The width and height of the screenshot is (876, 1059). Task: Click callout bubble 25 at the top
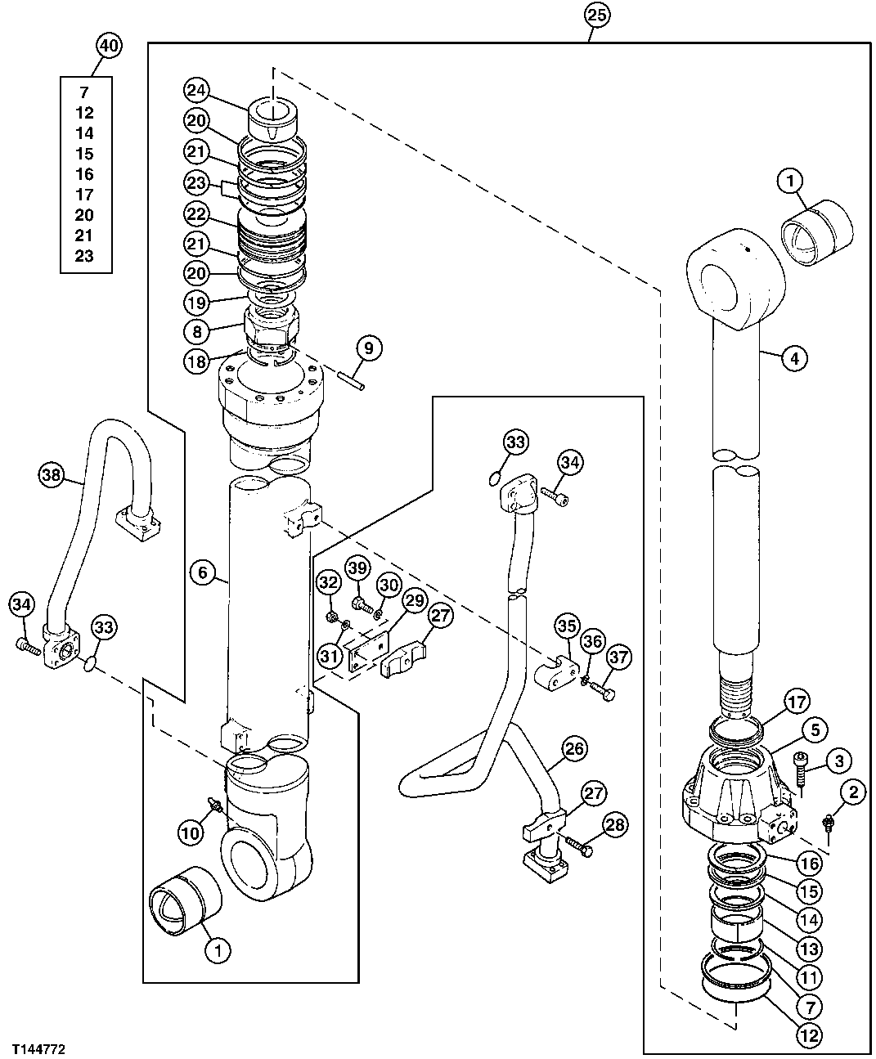click(596, 14)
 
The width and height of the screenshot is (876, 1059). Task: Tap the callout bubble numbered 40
click(109, 46)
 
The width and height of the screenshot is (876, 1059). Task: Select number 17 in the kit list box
click(84, 195)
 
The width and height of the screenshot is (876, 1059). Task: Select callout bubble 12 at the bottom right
click(809, 1034)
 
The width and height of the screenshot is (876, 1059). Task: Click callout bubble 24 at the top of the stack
click(196, 89)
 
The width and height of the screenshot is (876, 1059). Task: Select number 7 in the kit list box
click(84, 92)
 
